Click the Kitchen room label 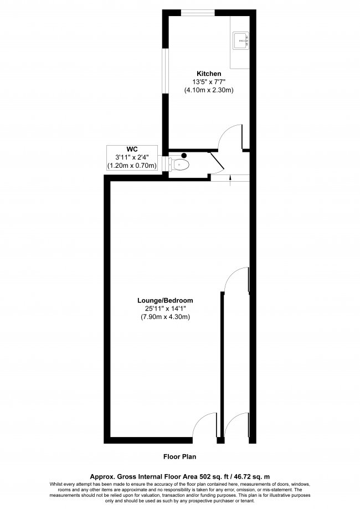click(209, 74)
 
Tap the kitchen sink click(240, 41)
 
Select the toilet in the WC click(181, 164)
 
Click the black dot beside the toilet click(184, 156)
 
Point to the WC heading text click(132, 150)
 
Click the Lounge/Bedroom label click(165, 301)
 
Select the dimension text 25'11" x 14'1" click(165, 309)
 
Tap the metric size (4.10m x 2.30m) click(209, 90)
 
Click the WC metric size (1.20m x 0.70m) click(132, 166)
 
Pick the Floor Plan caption click(179, 457)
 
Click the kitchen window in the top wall click(198, 13)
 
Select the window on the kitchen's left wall click(165, 71)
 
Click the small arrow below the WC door click(230, 180)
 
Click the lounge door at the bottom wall click(204, 425)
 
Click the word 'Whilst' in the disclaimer click(55, 484)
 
